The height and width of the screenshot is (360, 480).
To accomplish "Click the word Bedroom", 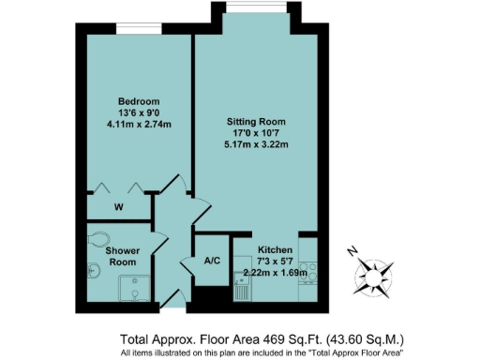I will coord(139,101).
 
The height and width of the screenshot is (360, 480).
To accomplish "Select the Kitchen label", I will coord(269,249).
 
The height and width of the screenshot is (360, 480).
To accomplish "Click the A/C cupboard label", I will coord(211,260).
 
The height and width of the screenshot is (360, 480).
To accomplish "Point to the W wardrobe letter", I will coord(118,206).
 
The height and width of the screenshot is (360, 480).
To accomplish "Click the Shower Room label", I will coord(123,257).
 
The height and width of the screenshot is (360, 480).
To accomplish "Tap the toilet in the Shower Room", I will coord(97,238).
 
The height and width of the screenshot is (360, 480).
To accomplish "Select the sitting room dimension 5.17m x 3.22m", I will coord(255,145).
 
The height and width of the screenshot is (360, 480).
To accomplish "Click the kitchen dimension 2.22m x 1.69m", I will coord(269,273).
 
